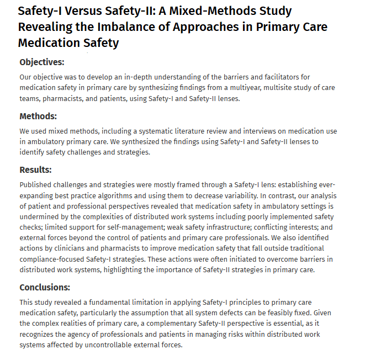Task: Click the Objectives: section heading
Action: point(42,62)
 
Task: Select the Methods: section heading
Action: point(38,117)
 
